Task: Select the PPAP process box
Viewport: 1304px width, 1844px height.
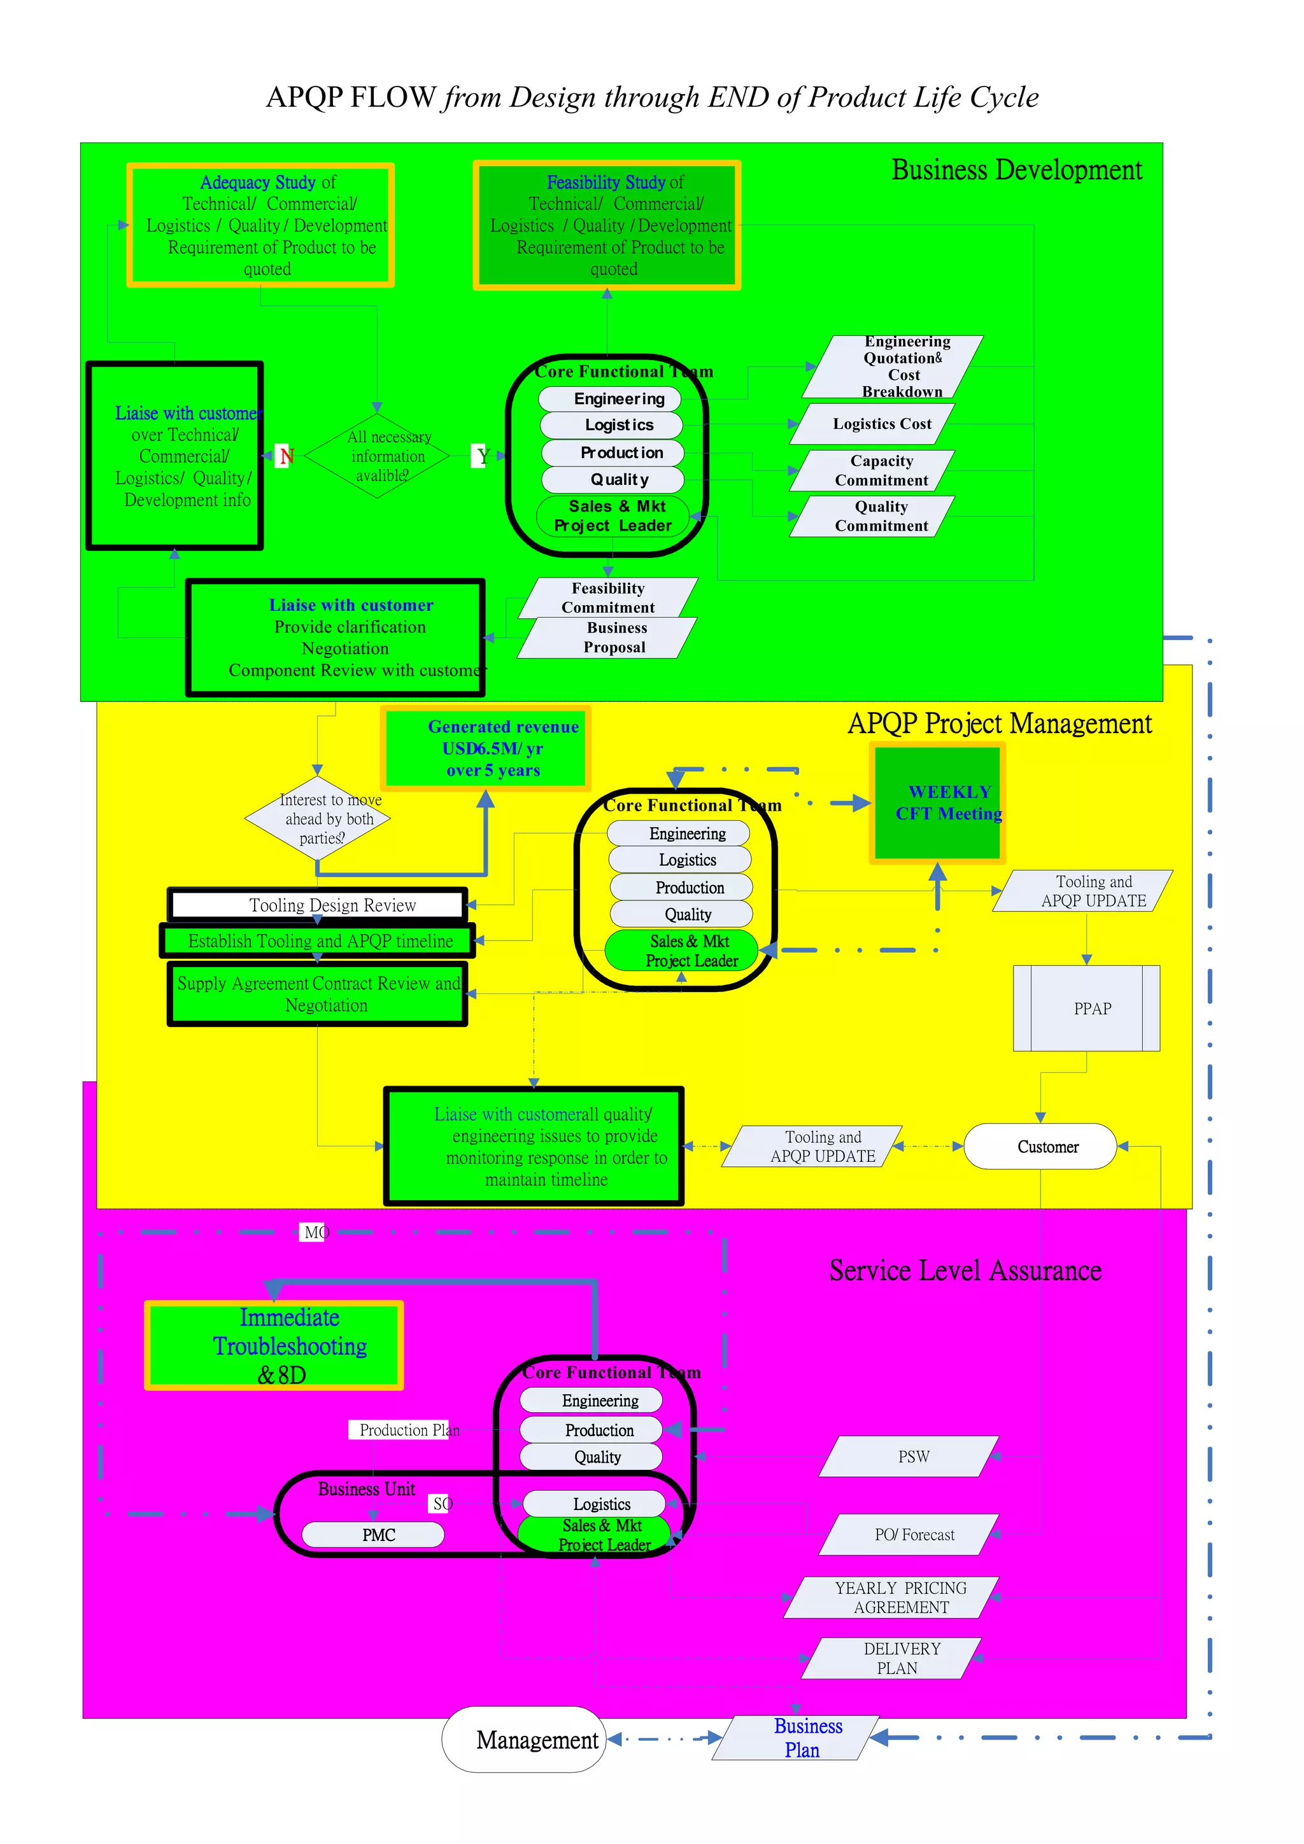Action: click(x=1086, y=1009)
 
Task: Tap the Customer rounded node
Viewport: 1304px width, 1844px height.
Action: click(x=1040, y=1146)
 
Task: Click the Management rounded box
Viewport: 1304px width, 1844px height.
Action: click(x=524, y=1740)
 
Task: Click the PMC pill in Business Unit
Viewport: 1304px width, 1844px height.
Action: click(x=374, y=1535)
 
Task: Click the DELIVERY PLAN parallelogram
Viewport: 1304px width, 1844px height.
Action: click(x=892, y=1658)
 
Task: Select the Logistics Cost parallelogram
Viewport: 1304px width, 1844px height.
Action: click(x=874, y=424)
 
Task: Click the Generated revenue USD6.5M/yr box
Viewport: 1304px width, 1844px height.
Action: click(x=486, y=748)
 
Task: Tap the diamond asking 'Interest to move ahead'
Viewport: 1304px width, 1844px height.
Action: click(x=318, y=818)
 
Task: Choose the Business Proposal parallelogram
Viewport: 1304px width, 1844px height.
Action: click(x=607, y=638)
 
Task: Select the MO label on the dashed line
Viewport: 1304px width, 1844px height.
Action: click(x=314, y=1232)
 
